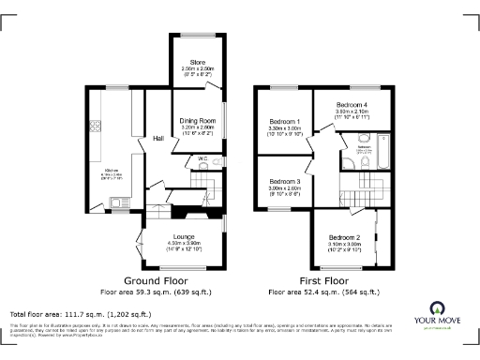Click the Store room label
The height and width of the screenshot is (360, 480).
point(198,63)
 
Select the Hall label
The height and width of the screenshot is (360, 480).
point(158,139)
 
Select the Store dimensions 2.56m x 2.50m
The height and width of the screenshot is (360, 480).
point(198,70)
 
